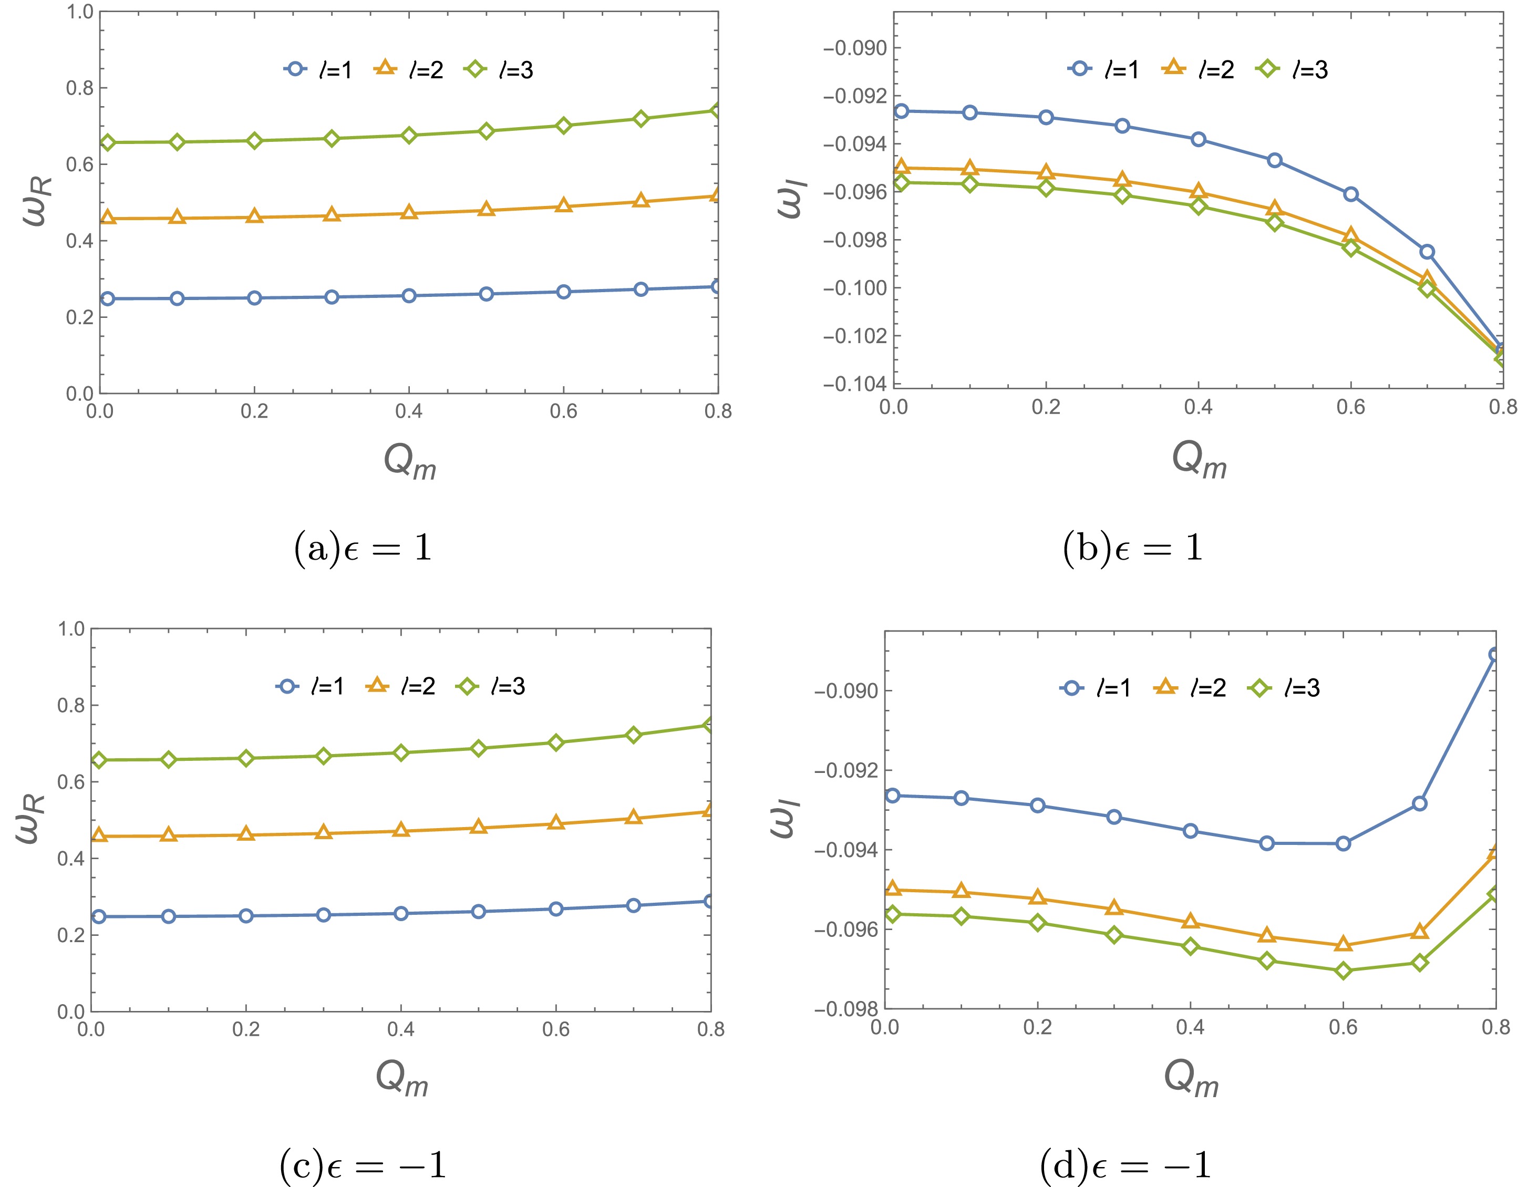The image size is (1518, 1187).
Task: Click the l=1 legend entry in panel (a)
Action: click(318, 69)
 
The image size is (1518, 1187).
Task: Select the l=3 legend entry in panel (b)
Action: click(1292, 69)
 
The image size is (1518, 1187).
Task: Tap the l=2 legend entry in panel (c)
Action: click(400, 687)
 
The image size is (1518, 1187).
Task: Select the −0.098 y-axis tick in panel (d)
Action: click(846, 1009)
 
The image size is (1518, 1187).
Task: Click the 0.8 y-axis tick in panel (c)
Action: click(71, 705)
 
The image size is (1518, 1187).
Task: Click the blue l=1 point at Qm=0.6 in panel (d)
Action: click(1344, 844)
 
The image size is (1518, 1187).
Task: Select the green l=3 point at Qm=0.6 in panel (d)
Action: click(1344, 970)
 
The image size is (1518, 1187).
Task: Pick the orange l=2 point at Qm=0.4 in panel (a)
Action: click(409, 213)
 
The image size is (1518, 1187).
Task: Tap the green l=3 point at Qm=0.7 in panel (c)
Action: click(633, 735)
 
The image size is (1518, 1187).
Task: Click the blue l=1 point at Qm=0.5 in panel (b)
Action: click(1275, 161)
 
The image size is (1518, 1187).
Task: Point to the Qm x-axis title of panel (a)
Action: click(410, 461)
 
